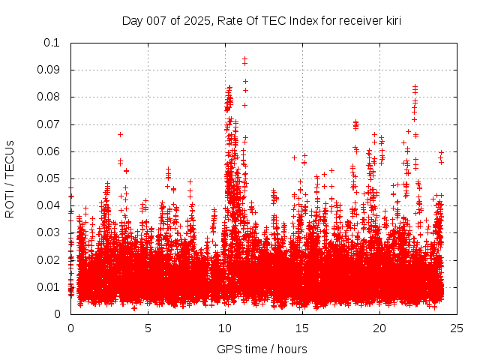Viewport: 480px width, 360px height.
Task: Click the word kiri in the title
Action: coord(391,20)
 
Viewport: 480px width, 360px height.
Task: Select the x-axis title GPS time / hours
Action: coord(262,349)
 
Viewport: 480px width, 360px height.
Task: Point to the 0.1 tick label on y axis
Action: coord(52,43)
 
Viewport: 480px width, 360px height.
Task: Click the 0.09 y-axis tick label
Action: coord(49,70)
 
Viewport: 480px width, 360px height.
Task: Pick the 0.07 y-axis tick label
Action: coord(49,124)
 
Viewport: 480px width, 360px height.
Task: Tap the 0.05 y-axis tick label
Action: coord(49,178)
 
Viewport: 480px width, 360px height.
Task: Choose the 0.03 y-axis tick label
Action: coord(49,232)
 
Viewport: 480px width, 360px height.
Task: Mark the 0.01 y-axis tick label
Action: coord(49,286)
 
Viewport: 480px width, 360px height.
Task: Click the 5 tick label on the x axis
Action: coord(148,328)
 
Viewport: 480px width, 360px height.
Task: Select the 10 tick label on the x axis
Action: coord(225,328)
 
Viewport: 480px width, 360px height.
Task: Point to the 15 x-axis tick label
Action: coord(303,328)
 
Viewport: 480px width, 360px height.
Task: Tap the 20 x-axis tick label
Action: coord(380,328)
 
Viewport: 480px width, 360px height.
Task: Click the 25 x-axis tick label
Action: coord(457,328)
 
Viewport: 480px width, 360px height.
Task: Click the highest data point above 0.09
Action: coord(244,58)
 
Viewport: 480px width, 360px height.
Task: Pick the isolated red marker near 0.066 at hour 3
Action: coord(120,134)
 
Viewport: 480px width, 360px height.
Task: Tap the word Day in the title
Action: coord(132,20)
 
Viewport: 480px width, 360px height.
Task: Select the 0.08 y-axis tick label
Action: coord(49,97)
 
